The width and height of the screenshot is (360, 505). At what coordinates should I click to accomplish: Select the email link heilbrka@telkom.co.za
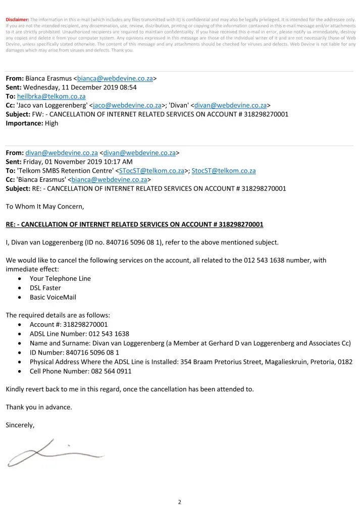point(52,96)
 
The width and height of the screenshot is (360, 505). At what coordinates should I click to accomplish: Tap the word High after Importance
point(51,123)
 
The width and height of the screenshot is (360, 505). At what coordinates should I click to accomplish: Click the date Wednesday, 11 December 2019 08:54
point(80,87)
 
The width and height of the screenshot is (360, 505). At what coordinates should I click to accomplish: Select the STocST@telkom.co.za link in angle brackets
point(151,171)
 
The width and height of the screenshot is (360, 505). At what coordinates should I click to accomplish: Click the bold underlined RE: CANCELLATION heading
point(134,224)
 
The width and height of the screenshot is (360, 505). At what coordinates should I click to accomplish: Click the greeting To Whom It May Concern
point(45,206)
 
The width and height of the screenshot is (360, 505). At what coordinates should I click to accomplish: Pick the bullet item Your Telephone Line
point(60,278)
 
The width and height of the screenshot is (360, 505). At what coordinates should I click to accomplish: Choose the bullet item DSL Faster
point(45,288)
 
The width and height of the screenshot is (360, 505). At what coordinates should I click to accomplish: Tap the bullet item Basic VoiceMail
point(53,297)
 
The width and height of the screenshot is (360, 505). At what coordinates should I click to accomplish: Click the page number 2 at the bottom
point(180,502)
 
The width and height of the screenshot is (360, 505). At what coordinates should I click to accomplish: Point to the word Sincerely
point(20,425)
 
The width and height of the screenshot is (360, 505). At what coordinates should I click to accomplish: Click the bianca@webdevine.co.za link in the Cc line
point(109,179)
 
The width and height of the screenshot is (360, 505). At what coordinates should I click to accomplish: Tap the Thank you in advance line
point(39,407)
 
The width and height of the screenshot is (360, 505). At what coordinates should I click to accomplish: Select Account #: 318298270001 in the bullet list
point(69,324)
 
